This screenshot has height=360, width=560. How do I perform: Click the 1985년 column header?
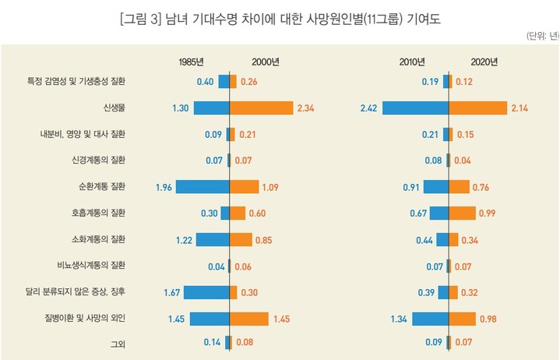click(x=191, y=62)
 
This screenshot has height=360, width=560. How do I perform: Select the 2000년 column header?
click(x=266, y=62)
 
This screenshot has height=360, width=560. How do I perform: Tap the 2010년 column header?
click(x=412, y=62)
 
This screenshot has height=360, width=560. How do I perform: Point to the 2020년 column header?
click(x=484, y=62)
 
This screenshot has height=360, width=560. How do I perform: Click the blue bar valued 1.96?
click(x=203, y=186)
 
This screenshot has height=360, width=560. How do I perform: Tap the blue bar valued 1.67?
click(x=206, y=291)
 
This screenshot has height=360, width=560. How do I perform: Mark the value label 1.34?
click(x=398, y=318)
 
